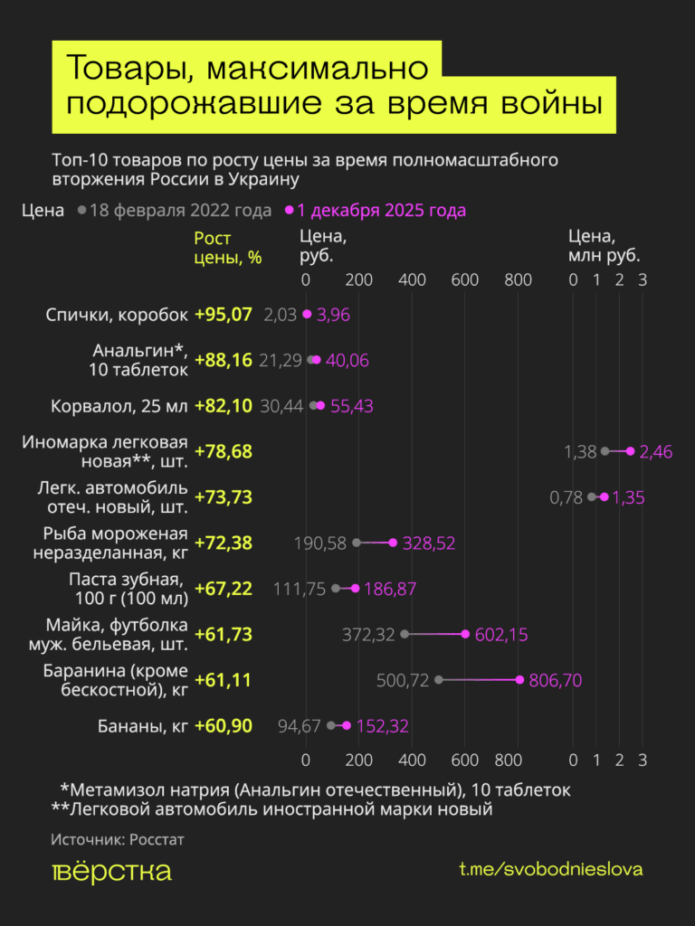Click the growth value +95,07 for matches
coord(224,315)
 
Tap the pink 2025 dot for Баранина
coord(519,680)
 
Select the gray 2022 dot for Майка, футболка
coord(405,635)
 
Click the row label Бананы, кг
coord(141,725)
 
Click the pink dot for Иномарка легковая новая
coord(630,451)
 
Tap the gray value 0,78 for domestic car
coord(566,497)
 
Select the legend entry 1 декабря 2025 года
coord(381,211)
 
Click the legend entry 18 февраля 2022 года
coord(180,211)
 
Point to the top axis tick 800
coord(519,279)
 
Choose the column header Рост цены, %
coord(227,248)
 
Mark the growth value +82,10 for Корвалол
coord(224,406)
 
